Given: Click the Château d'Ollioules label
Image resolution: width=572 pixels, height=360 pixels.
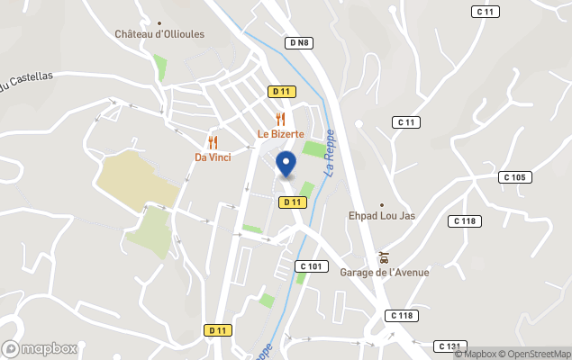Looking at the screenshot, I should [x=159, y=34].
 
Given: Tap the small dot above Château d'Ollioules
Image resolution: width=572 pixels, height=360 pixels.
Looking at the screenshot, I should [x=159, y=23].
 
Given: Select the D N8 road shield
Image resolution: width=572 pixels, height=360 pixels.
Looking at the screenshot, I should [x=300, y=42].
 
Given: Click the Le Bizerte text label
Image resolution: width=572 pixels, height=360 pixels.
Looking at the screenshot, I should [x=281, y=134].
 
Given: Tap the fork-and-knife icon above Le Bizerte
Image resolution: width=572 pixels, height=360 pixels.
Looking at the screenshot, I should [x=281, y=119].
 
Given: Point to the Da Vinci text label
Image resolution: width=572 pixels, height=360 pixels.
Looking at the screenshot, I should [x=213, y=157].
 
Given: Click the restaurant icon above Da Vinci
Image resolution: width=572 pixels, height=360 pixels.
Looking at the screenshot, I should [x=213, y=142].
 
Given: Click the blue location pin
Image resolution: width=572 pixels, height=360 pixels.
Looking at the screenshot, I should [x=286, y=164].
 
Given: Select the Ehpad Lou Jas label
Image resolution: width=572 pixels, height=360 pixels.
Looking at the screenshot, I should [x=382, y=216].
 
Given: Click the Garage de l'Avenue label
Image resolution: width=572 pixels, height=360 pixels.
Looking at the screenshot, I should [x=385, y=273].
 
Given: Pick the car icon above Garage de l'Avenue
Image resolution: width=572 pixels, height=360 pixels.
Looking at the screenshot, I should [x=384, y=257].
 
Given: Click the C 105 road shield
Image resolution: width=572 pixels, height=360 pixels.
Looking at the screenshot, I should [x=514, y=177].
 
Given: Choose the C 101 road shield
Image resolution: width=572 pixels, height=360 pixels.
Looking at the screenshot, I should [x=311, y=266].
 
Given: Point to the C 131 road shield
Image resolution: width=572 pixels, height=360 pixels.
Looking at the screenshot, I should [x=449, y=346].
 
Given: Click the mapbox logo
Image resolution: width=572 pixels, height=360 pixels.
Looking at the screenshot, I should [x=40, y=348].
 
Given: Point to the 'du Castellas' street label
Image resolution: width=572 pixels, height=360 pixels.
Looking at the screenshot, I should [x=27, y=81].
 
